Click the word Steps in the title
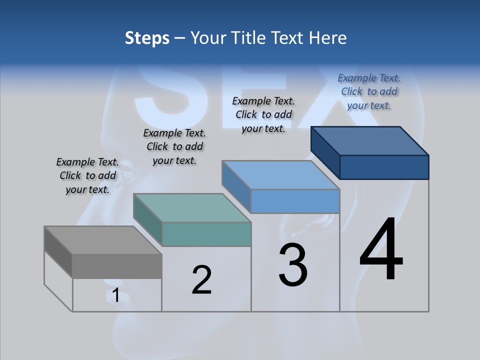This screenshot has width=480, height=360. [147, 38]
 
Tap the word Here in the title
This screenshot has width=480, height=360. [327, 38]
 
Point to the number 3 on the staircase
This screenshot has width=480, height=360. [293, 265]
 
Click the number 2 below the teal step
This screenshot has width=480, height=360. [201, 279]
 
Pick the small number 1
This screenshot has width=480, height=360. [115, 295]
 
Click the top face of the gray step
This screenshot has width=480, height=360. [102, 240]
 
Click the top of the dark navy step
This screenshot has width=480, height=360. [370, 141]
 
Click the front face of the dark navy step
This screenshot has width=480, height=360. [384, 167]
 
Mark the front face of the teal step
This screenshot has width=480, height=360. [206, 234]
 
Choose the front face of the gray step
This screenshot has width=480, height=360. [117, 266]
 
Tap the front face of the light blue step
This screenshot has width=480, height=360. [295, 201]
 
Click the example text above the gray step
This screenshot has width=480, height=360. [87, 176]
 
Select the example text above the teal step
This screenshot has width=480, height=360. [174, 147]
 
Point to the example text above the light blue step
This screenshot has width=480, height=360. [263, 114]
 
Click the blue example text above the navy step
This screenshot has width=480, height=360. [369, 91]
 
